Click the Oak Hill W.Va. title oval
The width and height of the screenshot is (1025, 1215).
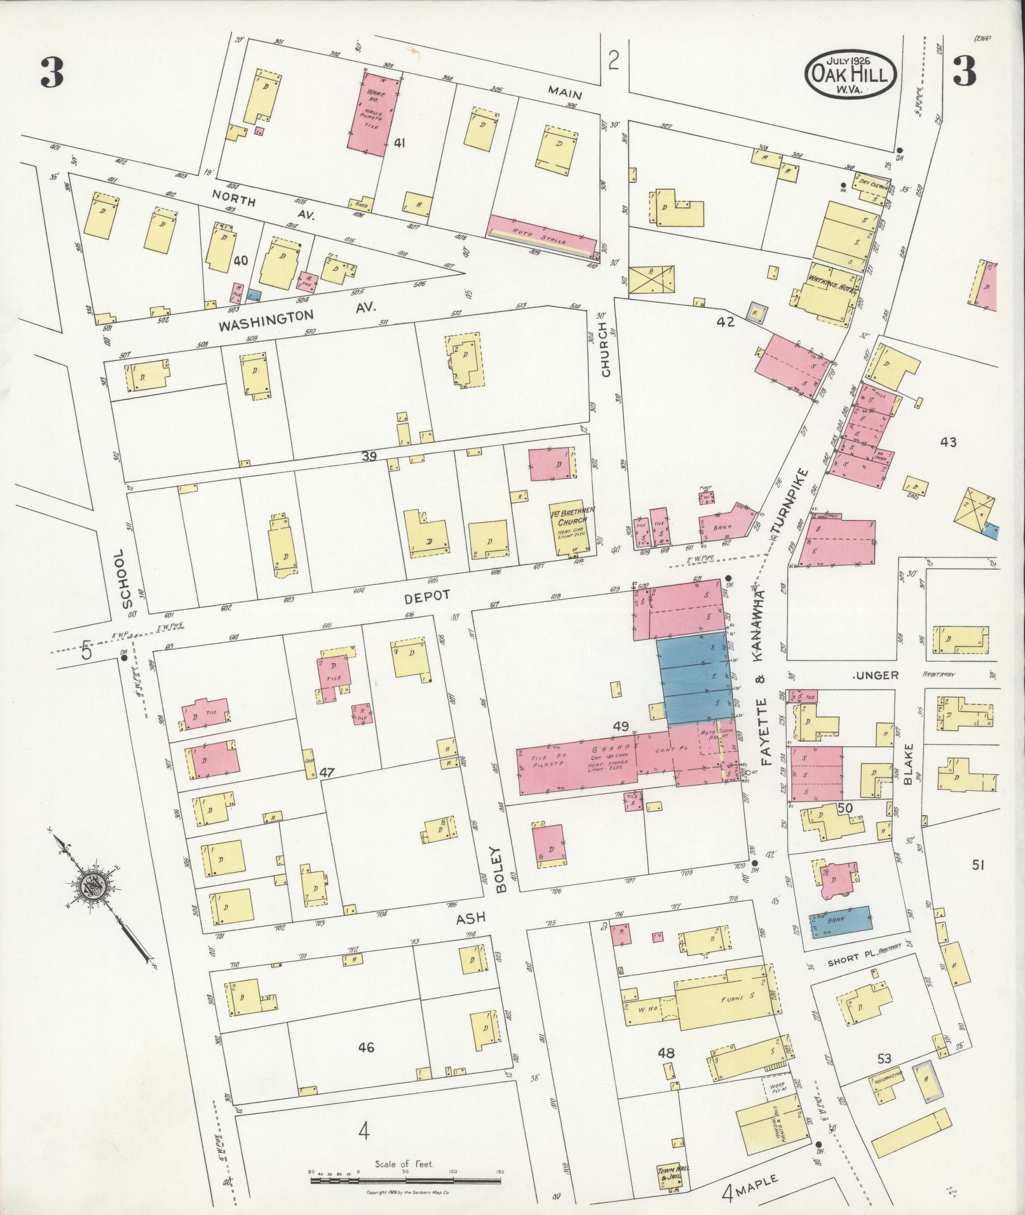851,75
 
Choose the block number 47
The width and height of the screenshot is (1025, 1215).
327,772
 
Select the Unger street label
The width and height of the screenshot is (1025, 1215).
877,675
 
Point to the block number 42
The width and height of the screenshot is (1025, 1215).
725,322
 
